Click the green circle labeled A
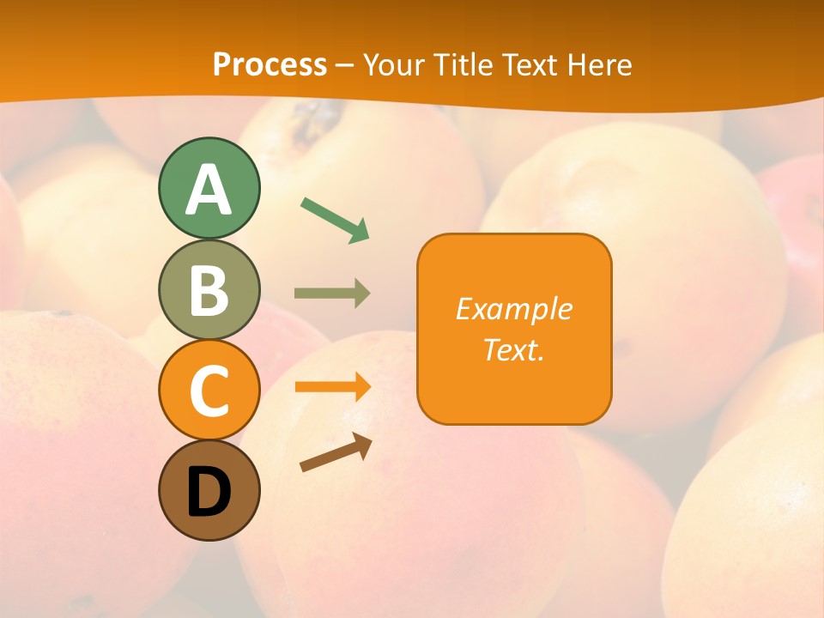coord(209,188)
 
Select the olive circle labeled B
coord(209,289)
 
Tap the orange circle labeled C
coord(209,390)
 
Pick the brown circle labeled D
coord(209,490)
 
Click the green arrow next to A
coord(334,219)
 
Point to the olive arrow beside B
coord(331,294)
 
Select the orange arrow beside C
coord(331,386)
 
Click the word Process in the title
coord(270,64)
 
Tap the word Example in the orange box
coord(513,309)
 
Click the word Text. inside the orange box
coord(513,349)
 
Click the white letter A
coord(209,190)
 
